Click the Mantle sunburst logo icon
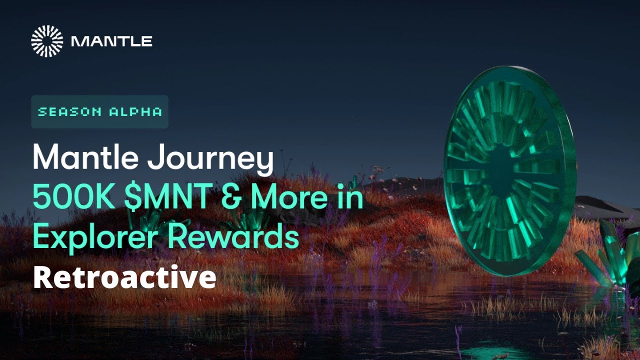[x=47, y=41]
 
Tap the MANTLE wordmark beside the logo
[x=111, y=41]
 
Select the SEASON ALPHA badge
[x=100, y=112]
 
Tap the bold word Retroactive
[x=124, y=278]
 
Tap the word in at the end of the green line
[x=349, y=198]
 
